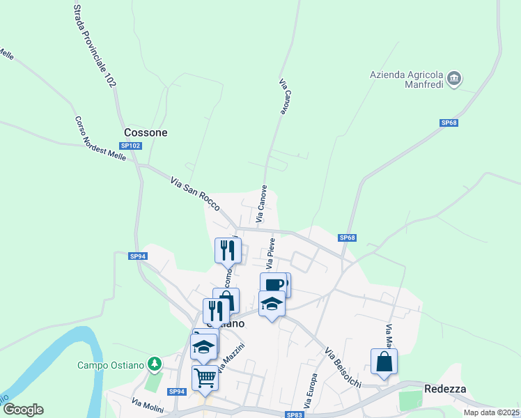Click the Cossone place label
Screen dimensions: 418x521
[x=146, y=132]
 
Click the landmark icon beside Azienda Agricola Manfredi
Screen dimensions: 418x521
[x=454, y=78]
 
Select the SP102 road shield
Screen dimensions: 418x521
[x=130, y=146]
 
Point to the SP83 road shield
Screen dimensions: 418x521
[x=295, y=415]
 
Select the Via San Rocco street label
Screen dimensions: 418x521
[x=195, y=194]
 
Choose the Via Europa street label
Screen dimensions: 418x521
[x=311, y=391]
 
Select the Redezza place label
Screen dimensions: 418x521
[x=445, y=389]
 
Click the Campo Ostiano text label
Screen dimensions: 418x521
[x=111, y=364]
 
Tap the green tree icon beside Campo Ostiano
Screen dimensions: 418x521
[x=155, y=364]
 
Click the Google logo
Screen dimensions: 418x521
[x=23, y=410]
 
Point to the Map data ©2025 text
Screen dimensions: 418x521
[x=491, y=412]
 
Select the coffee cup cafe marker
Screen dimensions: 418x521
[x=274, y=284]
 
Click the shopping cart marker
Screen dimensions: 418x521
[x=205, y=378]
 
